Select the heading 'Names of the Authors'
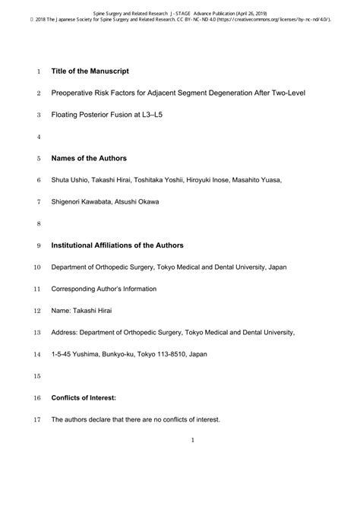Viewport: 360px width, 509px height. tap(89, 159)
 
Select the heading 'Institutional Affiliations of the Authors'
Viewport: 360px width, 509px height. tap(128, 245)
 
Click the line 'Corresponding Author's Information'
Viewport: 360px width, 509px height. tap(104, 289)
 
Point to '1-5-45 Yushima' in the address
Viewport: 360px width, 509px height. tap(78, 354)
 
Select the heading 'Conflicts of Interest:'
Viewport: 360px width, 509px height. tap(89, 397)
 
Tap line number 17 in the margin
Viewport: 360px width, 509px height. tap(36, 419)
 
